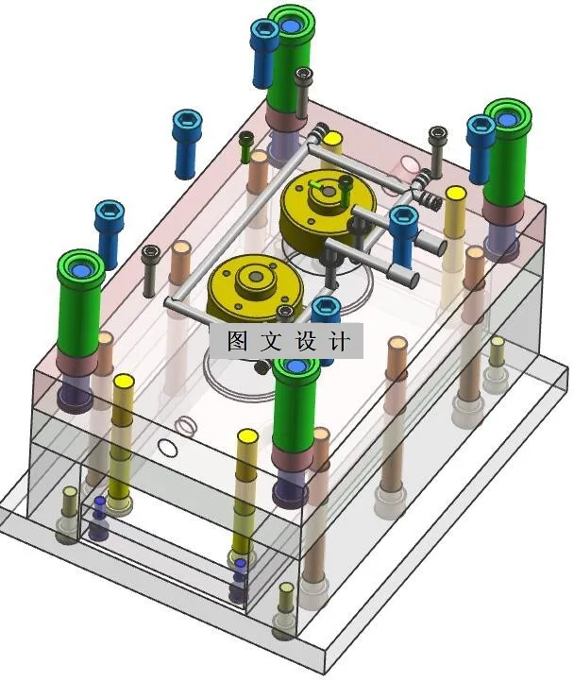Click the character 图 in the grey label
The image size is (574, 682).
237,341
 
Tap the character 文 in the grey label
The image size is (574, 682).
271,341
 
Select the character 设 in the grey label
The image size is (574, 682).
306,341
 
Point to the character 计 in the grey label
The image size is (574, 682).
340,341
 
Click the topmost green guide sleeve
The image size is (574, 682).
290,60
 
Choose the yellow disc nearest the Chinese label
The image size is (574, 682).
255,287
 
